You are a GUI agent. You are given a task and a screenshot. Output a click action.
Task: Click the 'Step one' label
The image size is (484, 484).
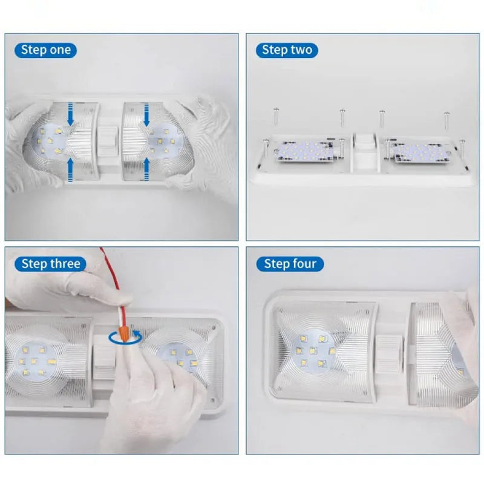(x=46, y=50)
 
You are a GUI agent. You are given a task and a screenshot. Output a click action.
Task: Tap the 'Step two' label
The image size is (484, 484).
(x=287, y=50)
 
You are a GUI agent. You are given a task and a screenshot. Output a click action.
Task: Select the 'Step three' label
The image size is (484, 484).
(x=50, y=264)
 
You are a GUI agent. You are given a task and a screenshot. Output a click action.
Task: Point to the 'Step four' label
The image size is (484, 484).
(x=290, y=264)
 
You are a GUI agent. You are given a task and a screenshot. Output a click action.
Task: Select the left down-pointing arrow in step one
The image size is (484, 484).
(x=70, y=114)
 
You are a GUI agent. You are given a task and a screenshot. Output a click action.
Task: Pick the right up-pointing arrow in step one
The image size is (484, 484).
(x=146, y=169)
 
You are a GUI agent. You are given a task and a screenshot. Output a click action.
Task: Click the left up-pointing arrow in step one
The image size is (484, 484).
(x=70, y=170)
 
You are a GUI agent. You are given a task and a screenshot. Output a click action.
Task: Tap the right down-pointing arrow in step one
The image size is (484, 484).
(x=146, y=114)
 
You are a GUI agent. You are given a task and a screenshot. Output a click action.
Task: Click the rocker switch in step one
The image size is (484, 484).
(x=108, y=142)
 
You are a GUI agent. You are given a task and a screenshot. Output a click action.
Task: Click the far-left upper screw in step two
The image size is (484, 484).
(x=276, y=116)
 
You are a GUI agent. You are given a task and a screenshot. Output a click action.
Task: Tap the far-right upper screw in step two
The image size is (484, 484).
(x=446, y=120)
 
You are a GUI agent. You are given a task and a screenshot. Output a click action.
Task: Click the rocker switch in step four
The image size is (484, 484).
(x=388, y=352)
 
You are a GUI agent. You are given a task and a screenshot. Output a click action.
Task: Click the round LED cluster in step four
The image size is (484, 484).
(x=313, y=351)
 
